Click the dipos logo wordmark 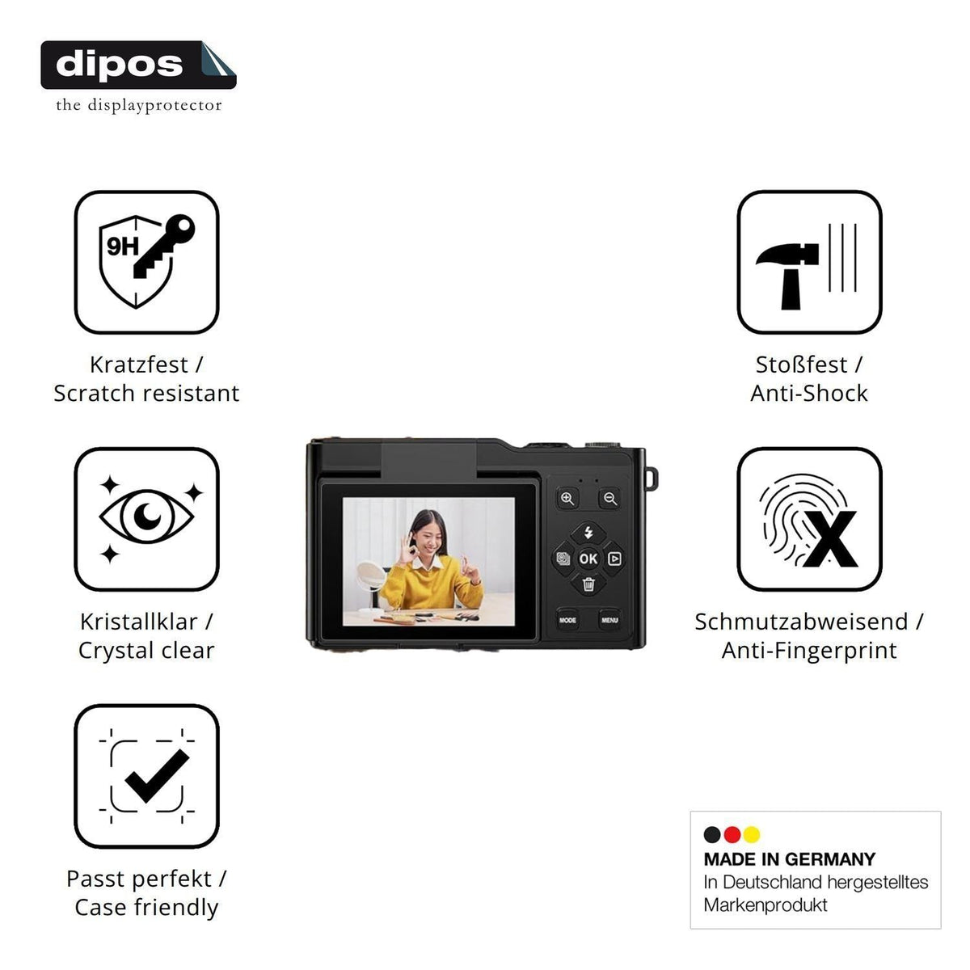pyautogui.click(x=119, y=65)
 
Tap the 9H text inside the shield pyautogui.click(x=122, y=247)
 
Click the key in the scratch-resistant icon pyautogui.click(x=163, y=246)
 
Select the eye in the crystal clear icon pyautogui.click(x=146, y=517)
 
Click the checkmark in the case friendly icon pyautogui.click(x=157, y=775)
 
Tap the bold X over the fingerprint pyautogui.click(x=831, y=539)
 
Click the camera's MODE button pyautogui.click(x=567, y=620)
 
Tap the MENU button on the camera pyautogui.click(x=609, y=620)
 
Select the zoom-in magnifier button pyautogui.click(x=567, y=499)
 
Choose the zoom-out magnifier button pyautogui.click(x=610, y=499)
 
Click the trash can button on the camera pyautogui.click(x=588, y=584)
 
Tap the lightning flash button pyautogui.click(x=588, y=533)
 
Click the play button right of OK pyautogui.click(x=614, y=559)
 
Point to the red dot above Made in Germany pyautogui.click(x=732, y=834)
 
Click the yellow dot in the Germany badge pyautogui.click(x=752, y=834)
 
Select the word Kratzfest pyautogui.click(x=138, y=365)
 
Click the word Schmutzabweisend pyautogui.click(x=801, y=622)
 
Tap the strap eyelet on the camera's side pyautogui.click(x=652, y=479)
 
